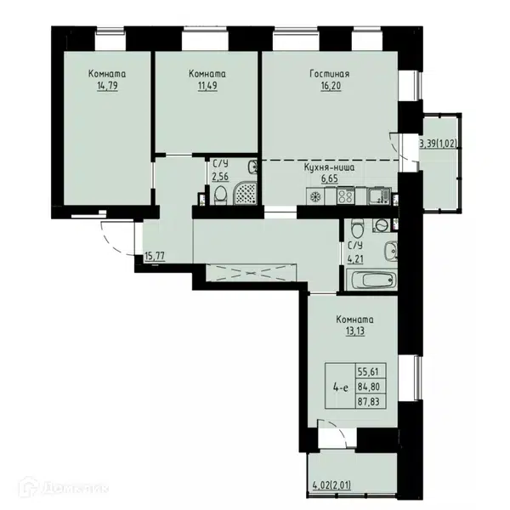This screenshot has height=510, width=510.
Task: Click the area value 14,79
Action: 107,86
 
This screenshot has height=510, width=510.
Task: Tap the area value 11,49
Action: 207,86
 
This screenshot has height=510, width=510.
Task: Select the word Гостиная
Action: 330,74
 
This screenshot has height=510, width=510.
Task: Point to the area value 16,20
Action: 331,86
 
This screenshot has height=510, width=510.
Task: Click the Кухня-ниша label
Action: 329,167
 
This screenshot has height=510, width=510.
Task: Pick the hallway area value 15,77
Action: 155,256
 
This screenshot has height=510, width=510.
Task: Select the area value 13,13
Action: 354,331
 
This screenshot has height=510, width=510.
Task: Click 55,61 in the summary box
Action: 368,371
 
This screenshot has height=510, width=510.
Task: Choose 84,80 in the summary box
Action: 369,387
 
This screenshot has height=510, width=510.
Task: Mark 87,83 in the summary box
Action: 369,402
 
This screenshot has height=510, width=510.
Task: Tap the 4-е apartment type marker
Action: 341,388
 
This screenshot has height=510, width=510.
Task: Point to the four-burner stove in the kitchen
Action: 346,196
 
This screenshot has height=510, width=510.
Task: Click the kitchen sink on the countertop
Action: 378,196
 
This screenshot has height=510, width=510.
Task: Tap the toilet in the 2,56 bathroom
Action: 220,195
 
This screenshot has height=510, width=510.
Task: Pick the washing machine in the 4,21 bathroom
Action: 381,225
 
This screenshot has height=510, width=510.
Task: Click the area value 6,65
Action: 330,179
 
